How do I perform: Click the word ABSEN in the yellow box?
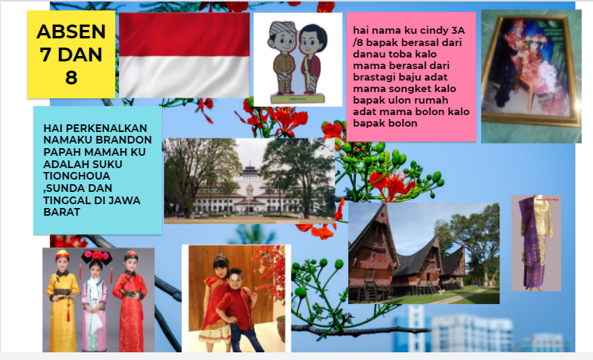point(71,31)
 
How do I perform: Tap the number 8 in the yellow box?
point(71,78)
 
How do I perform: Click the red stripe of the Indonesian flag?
point(184,35)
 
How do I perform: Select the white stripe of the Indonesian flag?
point(184,77)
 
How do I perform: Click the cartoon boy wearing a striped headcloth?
point(284,57)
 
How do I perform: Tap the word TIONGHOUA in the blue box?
point(77,176)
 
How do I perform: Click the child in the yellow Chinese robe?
point(63,300)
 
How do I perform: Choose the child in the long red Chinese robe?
point(130,301)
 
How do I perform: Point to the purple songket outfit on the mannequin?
point(535,243)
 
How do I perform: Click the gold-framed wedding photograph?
point(531,71)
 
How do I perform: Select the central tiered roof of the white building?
point(249,172)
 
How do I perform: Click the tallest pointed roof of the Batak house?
point(373,231)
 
